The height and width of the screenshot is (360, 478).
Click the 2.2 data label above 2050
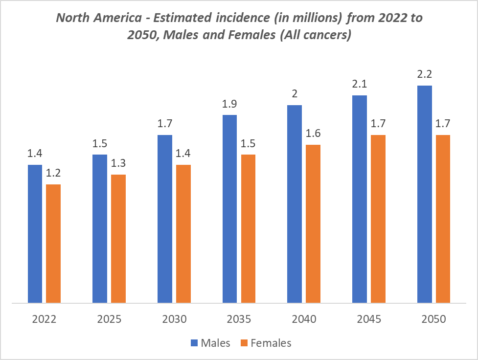[424, 74]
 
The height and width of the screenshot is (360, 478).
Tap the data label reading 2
[295, 94]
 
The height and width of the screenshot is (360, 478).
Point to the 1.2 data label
[53, 173]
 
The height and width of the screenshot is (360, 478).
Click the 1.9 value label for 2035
[229, 104]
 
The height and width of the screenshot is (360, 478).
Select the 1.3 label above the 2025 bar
[118, 163]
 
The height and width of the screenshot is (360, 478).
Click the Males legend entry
[215, 343]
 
